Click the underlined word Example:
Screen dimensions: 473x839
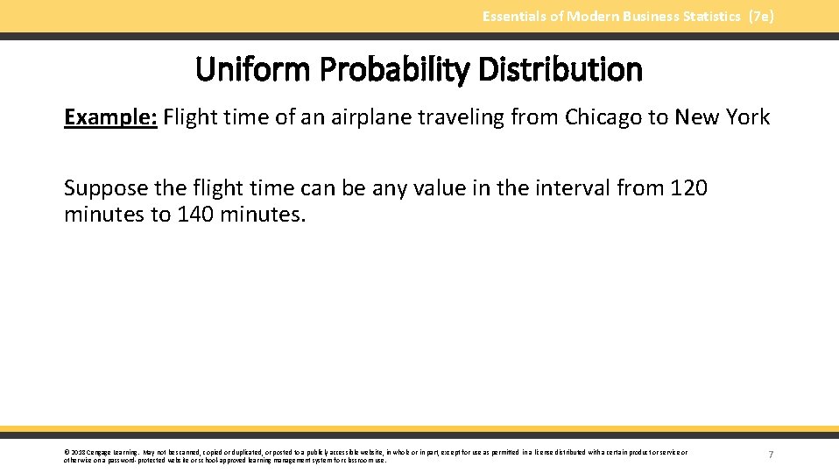(110, 117)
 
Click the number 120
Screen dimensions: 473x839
(688, 188)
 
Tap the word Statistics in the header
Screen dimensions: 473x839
(707, 16)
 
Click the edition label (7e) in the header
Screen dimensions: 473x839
(761, 16)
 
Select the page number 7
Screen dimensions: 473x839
(771, 455)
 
